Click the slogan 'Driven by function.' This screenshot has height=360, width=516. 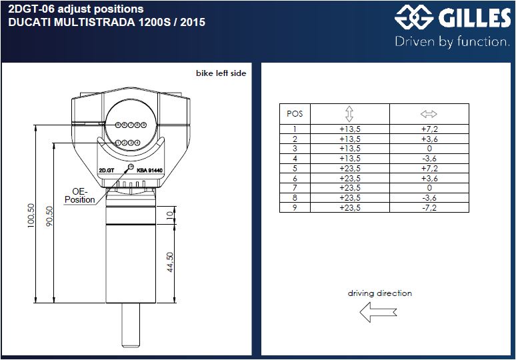452,42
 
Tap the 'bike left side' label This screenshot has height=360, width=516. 221,73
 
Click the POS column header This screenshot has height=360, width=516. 295,113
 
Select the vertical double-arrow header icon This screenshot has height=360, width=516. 350,113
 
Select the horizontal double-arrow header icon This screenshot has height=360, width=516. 428,113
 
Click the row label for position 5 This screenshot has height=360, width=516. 295,169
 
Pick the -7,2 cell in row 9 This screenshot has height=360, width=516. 428,207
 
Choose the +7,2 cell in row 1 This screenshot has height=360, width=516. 428,129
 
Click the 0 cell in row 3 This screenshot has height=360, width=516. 428,149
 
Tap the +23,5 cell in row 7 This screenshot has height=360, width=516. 350,188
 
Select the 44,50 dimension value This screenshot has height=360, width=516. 170,262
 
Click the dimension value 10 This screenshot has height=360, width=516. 170,215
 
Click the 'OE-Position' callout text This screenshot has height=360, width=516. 80,195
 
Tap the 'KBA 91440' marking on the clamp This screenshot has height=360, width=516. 150,170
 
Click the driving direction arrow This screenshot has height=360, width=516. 378,311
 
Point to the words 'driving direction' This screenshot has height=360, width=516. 379,293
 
